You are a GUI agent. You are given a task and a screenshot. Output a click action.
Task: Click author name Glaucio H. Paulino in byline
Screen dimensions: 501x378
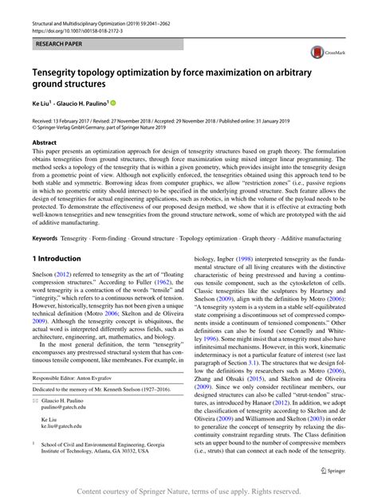coord(91,104)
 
